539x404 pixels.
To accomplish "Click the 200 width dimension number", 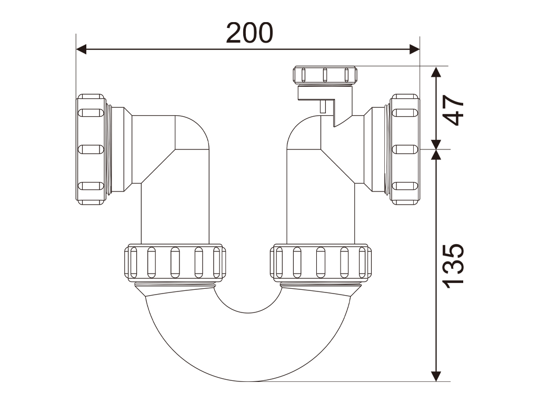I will click(x=249, y=33).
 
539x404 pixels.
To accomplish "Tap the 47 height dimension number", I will click(x=453, y=109).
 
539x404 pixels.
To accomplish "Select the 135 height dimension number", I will click(x=453, y=265).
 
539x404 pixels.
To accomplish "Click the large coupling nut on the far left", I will click(x=92, y=149).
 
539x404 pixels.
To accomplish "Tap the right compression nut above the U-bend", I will click(x=320, y=262).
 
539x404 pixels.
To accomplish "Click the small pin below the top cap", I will click(x=323, y=107).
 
